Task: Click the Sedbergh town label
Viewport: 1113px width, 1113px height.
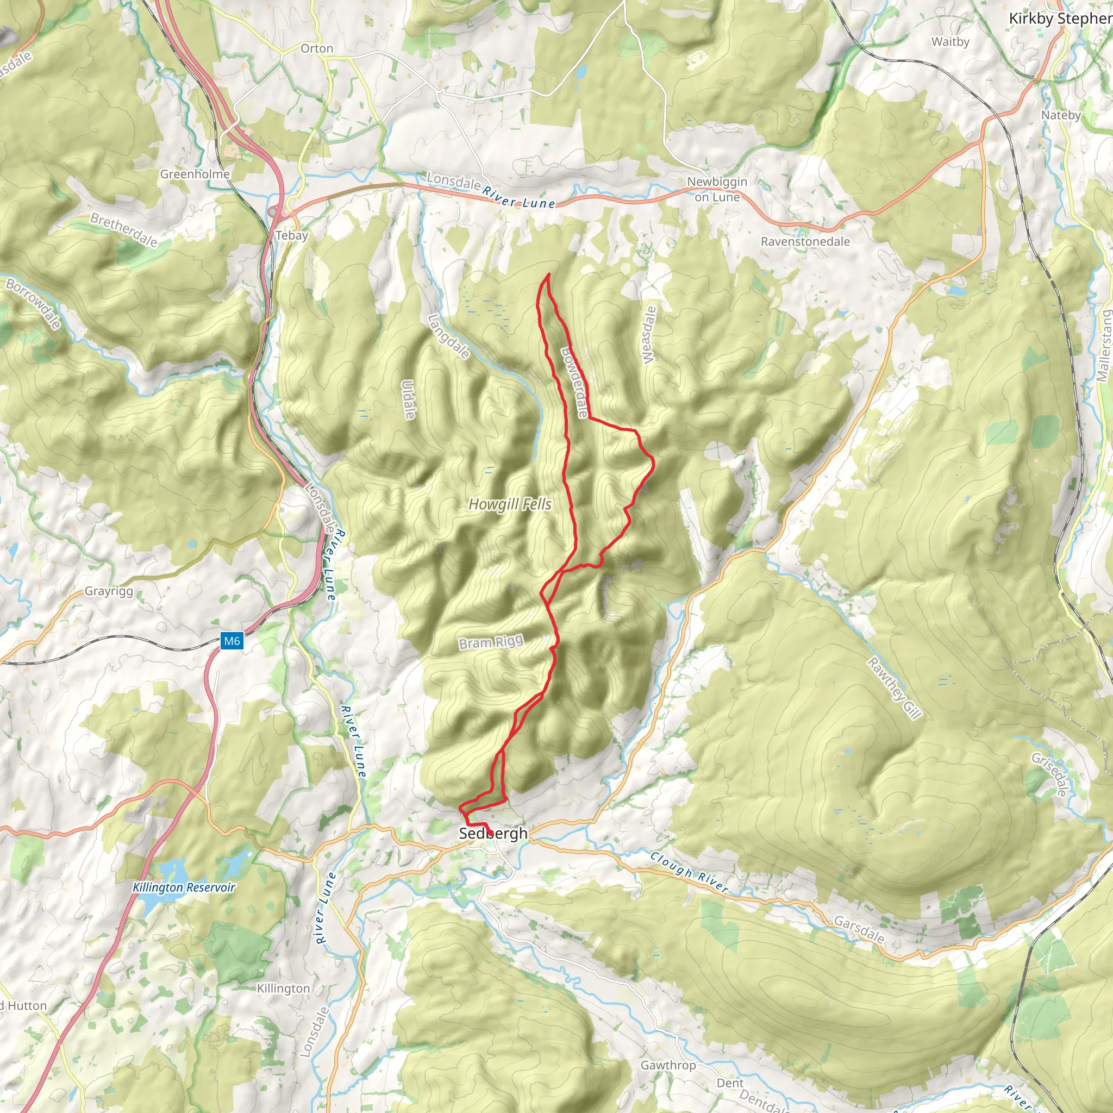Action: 493,833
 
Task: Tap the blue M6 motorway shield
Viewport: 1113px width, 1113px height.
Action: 232,641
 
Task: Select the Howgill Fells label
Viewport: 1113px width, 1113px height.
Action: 510,505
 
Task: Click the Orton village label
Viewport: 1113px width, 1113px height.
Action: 317,48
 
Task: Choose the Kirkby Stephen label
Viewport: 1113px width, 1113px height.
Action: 1060,18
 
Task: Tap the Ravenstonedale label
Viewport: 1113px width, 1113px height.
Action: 805,241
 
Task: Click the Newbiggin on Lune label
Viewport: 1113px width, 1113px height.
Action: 717,189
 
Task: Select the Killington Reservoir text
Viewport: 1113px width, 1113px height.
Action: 184,887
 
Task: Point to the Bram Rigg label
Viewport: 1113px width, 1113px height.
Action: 491,642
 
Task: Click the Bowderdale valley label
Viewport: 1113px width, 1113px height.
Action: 574,382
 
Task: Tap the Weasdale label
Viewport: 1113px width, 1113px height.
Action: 649,335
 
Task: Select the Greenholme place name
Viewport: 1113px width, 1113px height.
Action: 195,174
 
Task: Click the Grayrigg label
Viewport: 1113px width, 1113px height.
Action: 109,591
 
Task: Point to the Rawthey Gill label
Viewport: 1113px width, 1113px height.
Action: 895,688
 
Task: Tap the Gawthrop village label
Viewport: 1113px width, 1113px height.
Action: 668,1065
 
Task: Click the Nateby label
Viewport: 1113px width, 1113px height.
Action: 1061,115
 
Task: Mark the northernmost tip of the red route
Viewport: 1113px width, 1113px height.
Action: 548,274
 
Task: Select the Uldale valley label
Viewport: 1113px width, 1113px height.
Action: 409,400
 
